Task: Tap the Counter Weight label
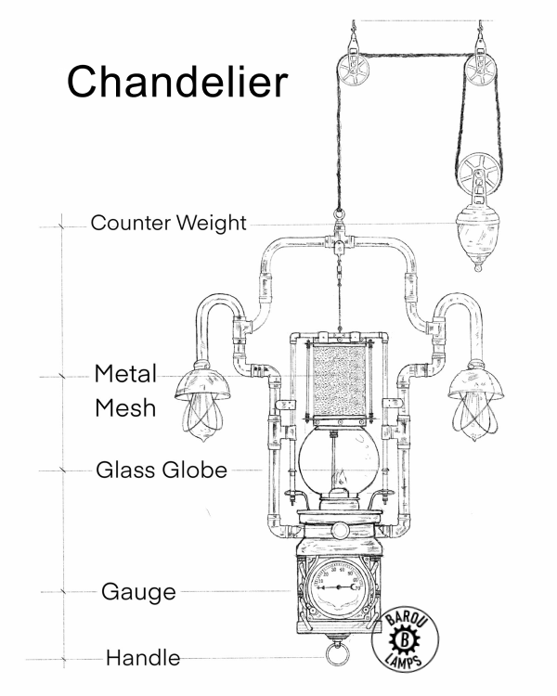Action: click(168, 224)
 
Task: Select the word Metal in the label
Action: click(126, 375)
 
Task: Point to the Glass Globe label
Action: click(162, 470)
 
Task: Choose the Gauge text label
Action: click(138, 591)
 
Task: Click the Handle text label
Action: click(142, 659)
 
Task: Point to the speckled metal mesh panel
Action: click(341, 379)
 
